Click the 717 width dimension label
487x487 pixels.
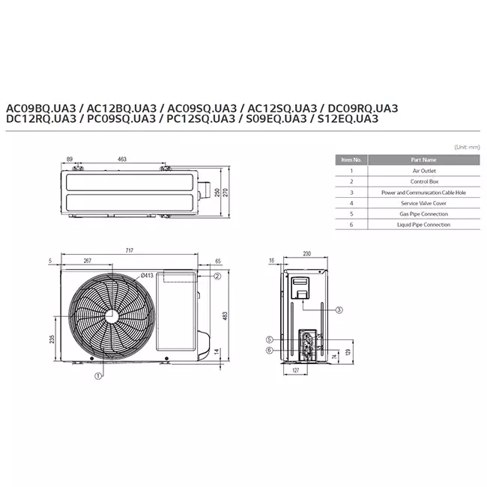(x=129, y=250)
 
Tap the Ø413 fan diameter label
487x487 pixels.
(x=147, y=276)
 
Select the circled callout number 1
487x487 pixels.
(x=98, y=376)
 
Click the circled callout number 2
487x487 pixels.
(x=217, y=276)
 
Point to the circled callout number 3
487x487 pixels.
(x=339, y=309)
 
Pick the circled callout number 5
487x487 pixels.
(x=270, y=339)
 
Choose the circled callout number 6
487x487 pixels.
(x=270, y=351)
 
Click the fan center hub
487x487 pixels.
(x=112, y=317)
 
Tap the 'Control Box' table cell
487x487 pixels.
(x=424, y=182)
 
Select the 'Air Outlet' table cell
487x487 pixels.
(x=424, y=171)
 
